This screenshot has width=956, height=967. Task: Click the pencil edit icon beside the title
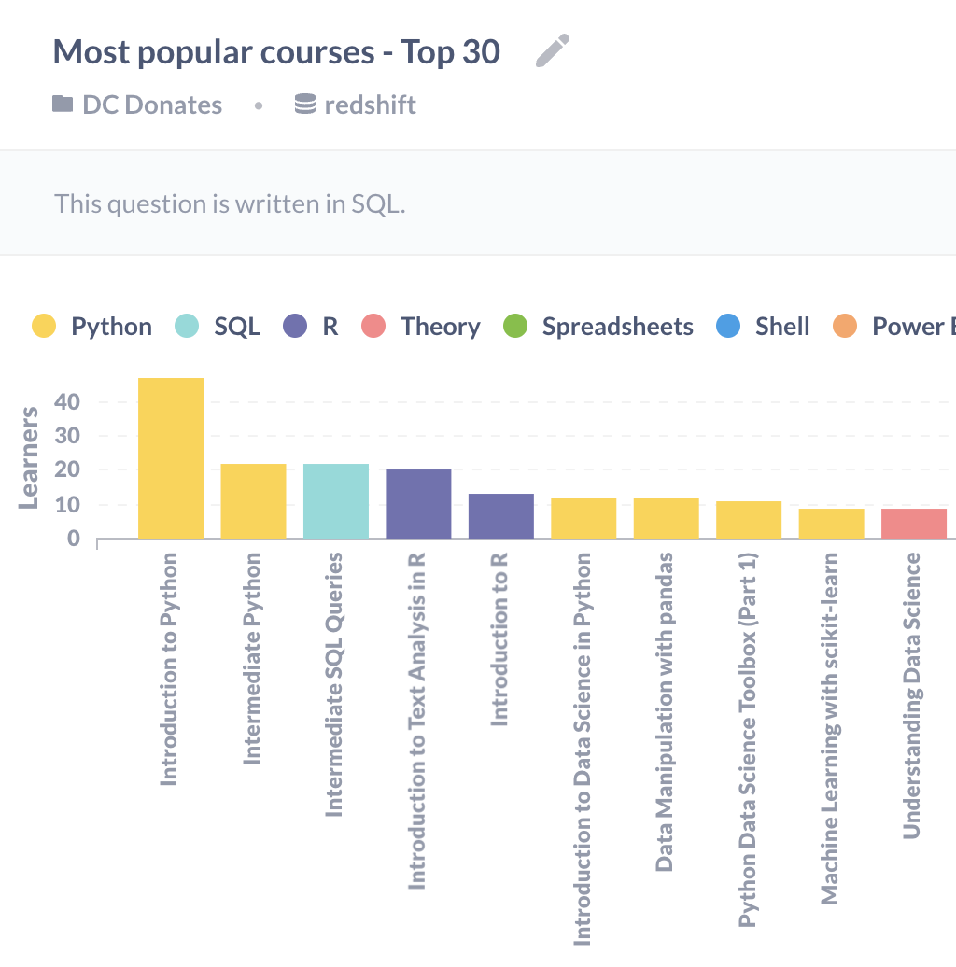[x=552, y=51]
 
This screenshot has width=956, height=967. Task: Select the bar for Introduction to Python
[x=171, y=458]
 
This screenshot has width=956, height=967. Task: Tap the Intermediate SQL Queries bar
[x=336, y=501]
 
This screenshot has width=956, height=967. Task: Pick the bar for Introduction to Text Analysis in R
[x=418, y=504]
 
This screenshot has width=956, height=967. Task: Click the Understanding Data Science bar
[x=914, y=524]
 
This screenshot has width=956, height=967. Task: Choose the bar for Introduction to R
[x=500, y=516]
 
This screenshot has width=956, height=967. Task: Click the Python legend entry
[x=91, y=327]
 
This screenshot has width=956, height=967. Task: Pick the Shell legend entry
[x=764, y=327]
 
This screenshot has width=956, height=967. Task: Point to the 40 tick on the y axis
[x=67, y=402]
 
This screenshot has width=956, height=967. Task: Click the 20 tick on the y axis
[x=67, y=470]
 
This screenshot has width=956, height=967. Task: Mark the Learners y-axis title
[x=29, y=457]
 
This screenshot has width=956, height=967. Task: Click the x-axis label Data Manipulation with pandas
[x=665, y=711]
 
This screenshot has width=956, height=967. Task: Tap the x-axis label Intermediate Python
[x=252, y=658]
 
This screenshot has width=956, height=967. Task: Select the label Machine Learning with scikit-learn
[x=829, y=728]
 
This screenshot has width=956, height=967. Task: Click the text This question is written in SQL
[x=230, y=203]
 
